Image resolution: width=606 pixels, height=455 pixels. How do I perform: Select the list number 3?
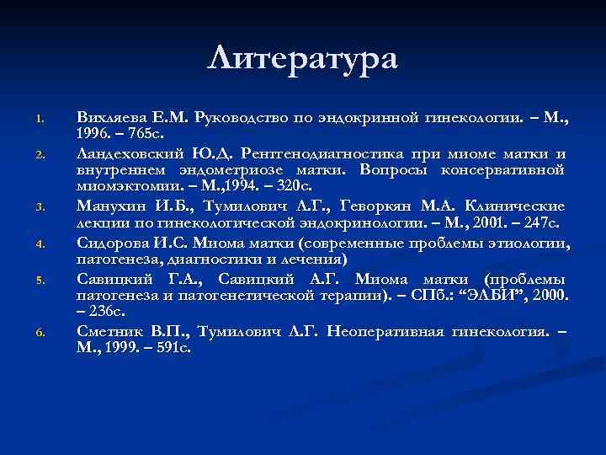[40, 207]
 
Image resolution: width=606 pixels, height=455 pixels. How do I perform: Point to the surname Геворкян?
[383, 206]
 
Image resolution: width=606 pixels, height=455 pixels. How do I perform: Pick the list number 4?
[40, 245]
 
